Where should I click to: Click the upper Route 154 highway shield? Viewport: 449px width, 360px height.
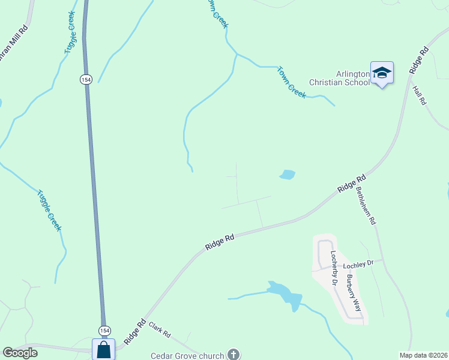pos(86,79)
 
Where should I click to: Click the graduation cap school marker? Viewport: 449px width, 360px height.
pos(382,73)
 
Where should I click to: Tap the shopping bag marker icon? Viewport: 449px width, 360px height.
pos(103,349)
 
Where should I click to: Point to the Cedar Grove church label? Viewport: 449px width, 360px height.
pos(187,355)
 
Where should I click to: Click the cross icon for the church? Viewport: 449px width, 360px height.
pos(233,355)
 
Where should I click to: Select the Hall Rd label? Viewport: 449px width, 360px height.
pos(419,95)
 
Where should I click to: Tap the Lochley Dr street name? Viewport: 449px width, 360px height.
pos(359,264)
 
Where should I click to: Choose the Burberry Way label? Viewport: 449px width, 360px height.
pos(353,292)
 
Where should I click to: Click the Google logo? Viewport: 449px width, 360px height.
pos(20,353)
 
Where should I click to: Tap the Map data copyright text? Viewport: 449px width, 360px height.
pos(423,355)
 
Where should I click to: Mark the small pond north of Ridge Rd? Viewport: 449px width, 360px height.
pos(287,175)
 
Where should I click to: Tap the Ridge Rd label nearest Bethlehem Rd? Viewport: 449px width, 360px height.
pos(352,183)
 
